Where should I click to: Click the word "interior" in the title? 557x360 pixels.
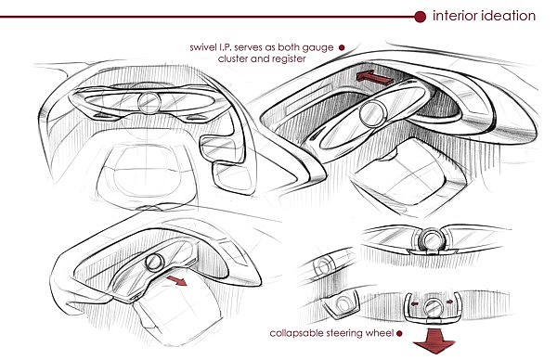(x=454, y=16)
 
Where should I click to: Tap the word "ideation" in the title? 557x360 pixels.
(x=509, y=16)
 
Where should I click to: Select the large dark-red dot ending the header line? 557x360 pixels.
(x=420, y=17)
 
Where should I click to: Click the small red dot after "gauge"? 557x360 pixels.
(x=342, y=47)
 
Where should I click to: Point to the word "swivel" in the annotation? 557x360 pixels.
(x=202, y=47)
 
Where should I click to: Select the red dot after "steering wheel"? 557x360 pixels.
(x=399, y=333)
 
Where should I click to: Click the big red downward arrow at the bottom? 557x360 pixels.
(x=434, y=341)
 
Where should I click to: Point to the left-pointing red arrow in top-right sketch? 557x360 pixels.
(x=374, y=77)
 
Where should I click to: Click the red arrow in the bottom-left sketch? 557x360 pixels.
(x=176, y=280)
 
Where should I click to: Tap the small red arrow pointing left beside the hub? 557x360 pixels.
(x=415, y=304)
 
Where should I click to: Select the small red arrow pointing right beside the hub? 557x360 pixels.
(x=449, y=302)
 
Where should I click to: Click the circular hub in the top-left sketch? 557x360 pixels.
(x=149, y=103)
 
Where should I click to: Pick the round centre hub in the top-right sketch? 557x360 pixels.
(x=372, y=114)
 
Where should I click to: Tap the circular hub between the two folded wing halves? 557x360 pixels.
(x=431, y=238)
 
